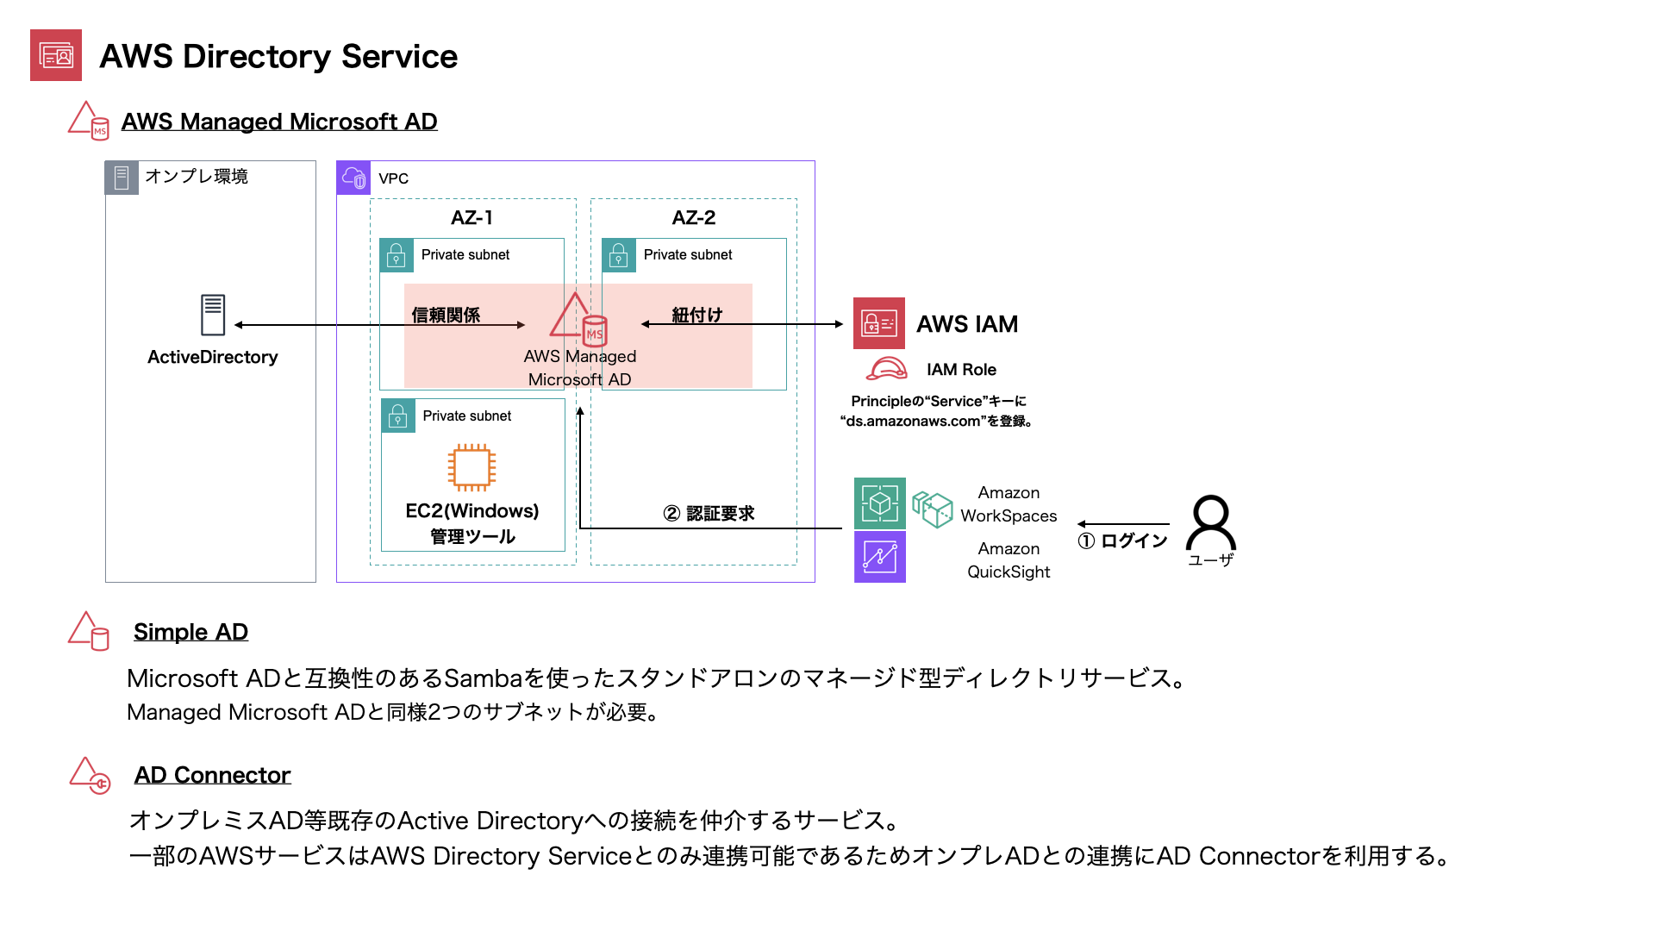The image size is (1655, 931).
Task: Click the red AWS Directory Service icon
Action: point(56,55)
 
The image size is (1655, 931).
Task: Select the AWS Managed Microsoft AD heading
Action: point(279,122)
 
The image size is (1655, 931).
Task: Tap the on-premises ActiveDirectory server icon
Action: point(213,315)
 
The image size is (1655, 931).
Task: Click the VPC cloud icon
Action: point(353,178)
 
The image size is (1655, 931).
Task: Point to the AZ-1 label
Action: point(472,217)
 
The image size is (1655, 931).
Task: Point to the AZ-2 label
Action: point(694,217)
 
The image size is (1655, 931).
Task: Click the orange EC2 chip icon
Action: point(472,467)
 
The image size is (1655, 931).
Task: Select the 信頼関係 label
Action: point(446,315)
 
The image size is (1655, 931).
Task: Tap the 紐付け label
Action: point(697,315)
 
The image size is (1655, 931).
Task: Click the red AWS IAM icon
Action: point(879,323)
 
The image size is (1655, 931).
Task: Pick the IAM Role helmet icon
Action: point(887,369)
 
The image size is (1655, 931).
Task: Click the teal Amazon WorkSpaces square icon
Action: point(880,503)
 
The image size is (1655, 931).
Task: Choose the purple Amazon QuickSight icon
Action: point(880,557)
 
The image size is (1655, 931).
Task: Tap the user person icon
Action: point(1211,522)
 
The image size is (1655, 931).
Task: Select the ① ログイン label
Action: point(1122,540)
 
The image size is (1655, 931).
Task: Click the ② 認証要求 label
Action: point(709,514)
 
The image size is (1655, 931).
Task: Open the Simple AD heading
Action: point(191,632)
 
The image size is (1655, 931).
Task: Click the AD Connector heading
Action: point(213,775)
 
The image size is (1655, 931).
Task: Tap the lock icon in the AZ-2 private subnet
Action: point(619,255)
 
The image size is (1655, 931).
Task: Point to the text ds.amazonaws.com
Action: point(914,422)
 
